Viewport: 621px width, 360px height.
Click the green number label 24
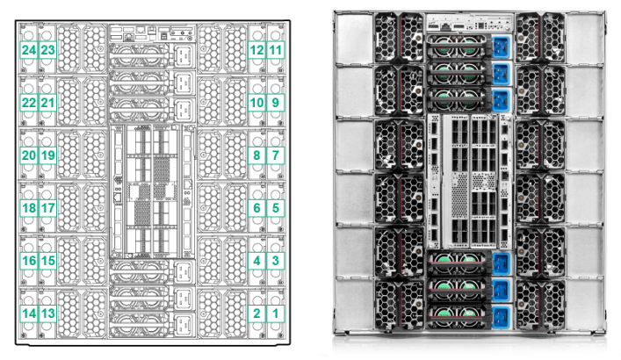pyautogui.click(x=29, y=50)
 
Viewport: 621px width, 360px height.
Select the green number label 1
pyautogui.click(x=276, y=313)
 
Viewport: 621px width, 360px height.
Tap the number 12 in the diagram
pyautogui.click(x=256, y=50)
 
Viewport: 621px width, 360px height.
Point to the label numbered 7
pyautogui.click(x=276, y=155)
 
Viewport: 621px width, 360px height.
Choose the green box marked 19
pyautogui.click(x=48, y=155)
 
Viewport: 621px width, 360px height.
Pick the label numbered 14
pyautogui.click(x=29, y=313)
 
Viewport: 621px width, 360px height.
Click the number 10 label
pyautogui.click(x=256, y=103)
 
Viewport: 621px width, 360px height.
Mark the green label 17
pyautogui.click(x=48, y=208)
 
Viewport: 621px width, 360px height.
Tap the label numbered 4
pyautogui.click(x=256, y=261)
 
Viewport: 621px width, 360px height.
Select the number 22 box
pyautogui.click(x=29, y=103)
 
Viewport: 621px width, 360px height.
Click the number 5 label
pyautogui.click(x=276, y=208)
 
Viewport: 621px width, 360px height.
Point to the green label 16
pyautogui.click(x=29, y=261)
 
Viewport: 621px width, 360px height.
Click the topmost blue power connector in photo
pyautogui.click(x=501, y=47)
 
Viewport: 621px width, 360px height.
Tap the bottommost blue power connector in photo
pyautogui.click(x=501, y=317)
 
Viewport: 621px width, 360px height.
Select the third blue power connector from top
pyautogui.click(x=501, y=100)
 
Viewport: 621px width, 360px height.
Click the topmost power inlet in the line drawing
pyautogui.click(x=183, y=55)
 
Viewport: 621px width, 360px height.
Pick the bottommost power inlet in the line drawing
pyautogui.click(x=183, y=324)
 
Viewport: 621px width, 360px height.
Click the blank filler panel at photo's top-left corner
pyautogui.click(x=354, y=39)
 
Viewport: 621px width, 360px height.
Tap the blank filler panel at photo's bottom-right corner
pyautogui.click(x=584, y=304)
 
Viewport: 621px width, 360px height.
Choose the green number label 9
pyautogui.click(x=276, y=103)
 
